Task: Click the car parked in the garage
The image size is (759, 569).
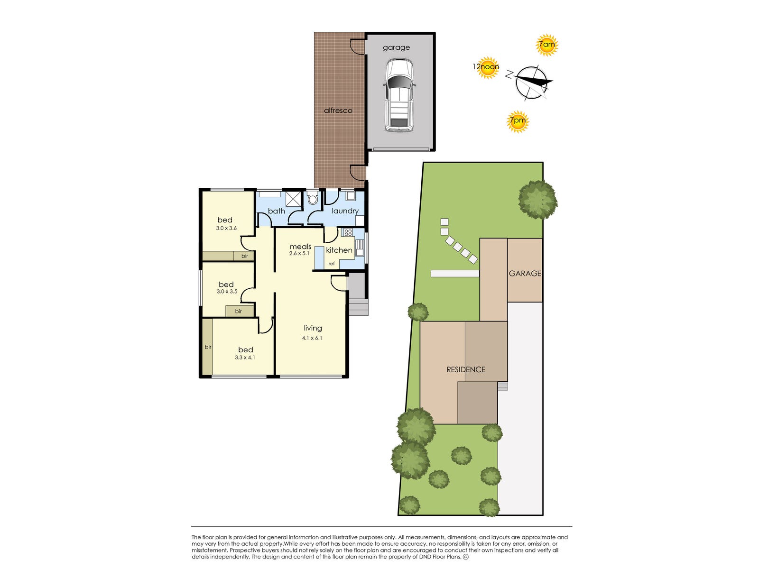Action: click(x=399, y=95)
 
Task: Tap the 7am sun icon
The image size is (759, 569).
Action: click(x=546, y=46)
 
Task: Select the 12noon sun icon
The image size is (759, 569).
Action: click(x=487, y=67)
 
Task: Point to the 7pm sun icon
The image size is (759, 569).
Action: click(x=517, y=121)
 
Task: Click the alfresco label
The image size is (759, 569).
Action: click(x=338, y=110)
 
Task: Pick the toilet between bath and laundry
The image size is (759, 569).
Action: click(x=312, y=198)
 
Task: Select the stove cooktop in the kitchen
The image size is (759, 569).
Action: click(x=348, y=232)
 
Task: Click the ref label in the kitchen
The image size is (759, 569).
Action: click(x=332, y=264)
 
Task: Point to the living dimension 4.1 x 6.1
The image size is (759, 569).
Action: click(x=312, y=338)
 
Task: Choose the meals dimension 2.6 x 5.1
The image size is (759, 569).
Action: click(x=299, y=253)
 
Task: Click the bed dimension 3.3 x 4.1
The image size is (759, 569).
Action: click(x=245, y=358)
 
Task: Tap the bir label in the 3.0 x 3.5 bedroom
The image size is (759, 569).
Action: click(x=238, y=312)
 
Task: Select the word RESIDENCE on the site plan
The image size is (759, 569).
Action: click(x=466, y=369)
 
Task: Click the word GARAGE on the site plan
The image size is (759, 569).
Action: click(x=525, y=274)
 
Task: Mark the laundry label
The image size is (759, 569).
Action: click(x=345, y=211)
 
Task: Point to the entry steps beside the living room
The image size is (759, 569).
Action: click(x=359, y=307)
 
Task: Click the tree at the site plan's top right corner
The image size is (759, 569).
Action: click(x=537, y=199)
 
